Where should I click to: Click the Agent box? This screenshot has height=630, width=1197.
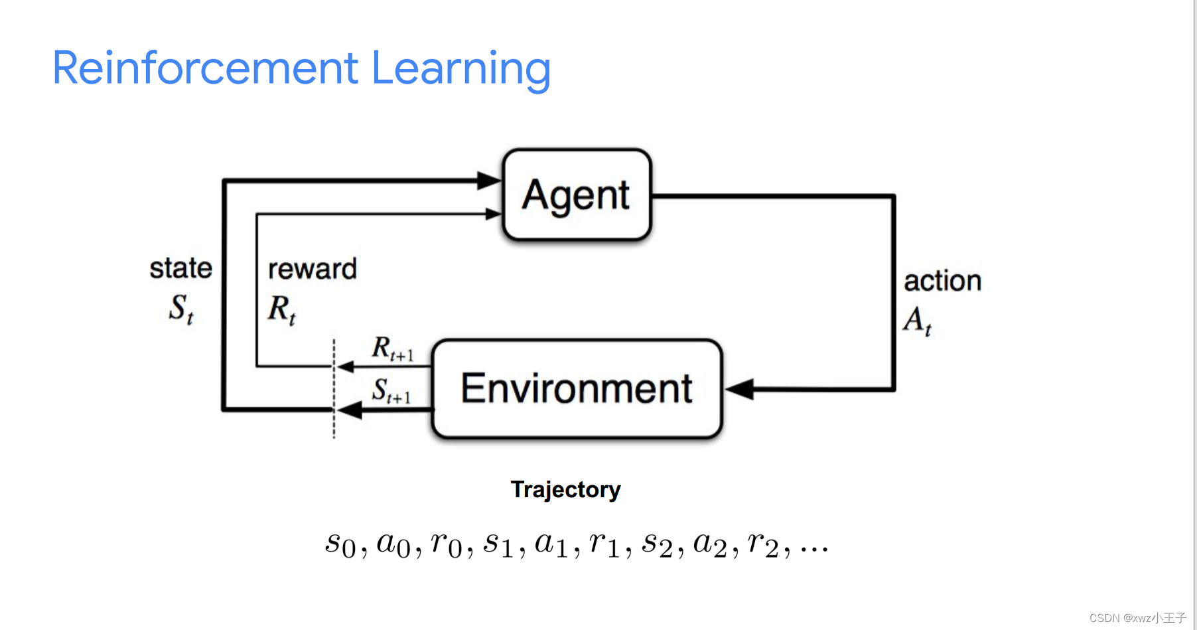577,195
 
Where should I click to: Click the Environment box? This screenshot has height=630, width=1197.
577,388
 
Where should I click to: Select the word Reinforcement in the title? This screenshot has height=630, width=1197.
205,68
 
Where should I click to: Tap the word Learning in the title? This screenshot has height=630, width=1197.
460,69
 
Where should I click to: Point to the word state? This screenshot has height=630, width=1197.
180,268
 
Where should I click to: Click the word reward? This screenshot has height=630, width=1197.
312,269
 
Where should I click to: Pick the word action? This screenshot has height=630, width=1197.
942,281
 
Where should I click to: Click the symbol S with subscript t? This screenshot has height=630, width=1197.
180,309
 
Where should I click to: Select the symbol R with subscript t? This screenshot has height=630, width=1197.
281,309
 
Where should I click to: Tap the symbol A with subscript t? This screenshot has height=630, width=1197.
918,320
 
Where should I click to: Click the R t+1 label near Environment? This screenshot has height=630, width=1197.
391,349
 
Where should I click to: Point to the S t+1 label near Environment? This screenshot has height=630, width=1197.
391,391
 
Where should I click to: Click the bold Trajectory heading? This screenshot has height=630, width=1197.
565,489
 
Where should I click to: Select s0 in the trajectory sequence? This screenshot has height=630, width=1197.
340,544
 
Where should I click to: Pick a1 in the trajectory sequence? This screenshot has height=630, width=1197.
551,544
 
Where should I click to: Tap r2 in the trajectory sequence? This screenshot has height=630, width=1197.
762,544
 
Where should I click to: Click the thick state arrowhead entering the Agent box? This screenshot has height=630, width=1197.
489,180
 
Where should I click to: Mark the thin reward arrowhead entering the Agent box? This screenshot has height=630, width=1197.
493,214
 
